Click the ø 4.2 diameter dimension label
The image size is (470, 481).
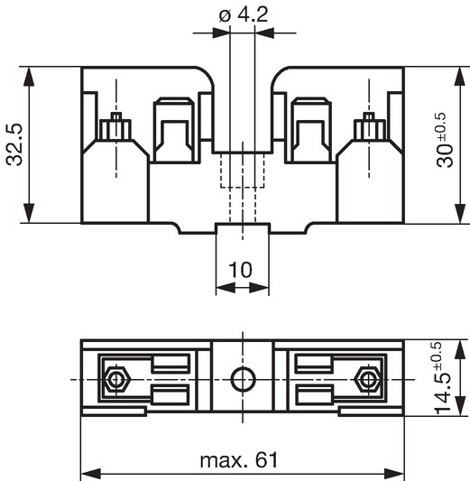(x=244, y=14)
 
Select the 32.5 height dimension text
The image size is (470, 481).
(x=14, y=144)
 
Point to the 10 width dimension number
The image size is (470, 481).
(x=241, y=270)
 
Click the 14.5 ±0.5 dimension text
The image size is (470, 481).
(x=441, y=378)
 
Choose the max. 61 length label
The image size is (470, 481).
(x=238, y=460)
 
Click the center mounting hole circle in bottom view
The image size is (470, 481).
(x=244, y=379)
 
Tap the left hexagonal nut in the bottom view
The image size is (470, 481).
(x=115, y=379)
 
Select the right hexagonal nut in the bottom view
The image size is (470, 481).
(x=367, y=379)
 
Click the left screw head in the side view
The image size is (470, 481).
(x=115, y=126)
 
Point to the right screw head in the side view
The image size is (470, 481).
(x=369, y=126)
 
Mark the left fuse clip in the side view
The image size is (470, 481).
(x=174, y=129)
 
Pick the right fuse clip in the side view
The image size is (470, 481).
(x=311, y=129)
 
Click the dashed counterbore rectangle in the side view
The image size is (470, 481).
(x=243, y=170)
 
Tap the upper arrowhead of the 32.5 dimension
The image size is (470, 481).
(x=29, y=79)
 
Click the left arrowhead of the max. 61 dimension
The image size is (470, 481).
(x=91, y=473)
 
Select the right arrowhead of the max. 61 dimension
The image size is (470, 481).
(x=394, y=473)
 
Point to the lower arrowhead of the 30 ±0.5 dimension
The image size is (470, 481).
(x=459, y=211)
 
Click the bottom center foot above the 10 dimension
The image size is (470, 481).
(x=243, y=228)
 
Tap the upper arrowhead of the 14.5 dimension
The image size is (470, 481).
(x=459, y=351)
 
